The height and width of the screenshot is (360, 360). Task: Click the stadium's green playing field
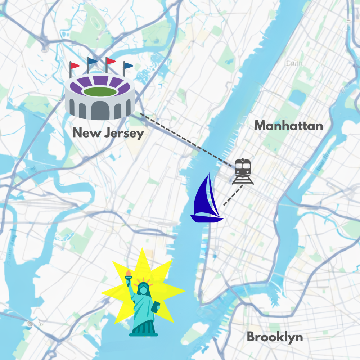(x=100, y=91)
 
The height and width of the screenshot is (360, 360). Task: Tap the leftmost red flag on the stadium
(x=75, y=66)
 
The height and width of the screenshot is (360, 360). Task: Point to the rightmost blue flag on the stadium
(x=129, y=66)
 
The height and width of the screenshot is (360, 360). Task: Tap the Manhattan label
(x=288, y=126)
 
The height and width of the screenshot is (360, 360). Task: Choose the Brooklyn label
(x=275, y=337)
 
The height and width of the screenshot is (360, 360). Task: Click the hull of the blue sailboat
(x=206, y=219)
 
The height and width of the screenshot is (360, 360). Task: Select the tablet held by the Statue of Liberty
(x=156, y=307)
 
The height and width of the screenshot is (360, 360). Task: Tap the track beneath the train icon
(x=243, y=181)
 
